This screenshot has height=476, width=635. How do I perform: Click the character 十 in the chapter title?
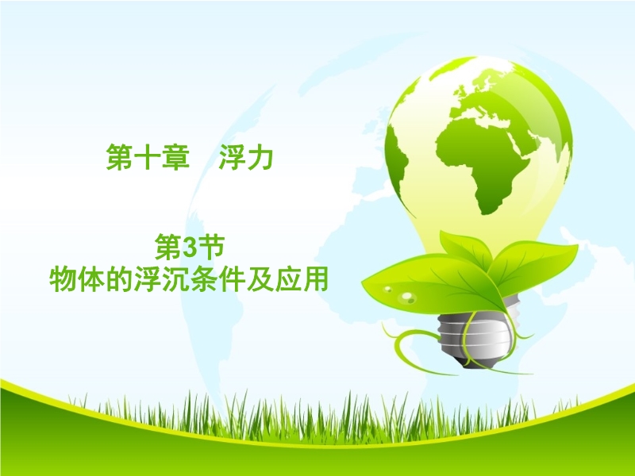[x=148, y=157]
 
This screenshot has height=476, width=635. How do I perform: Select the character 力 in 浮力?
[x=260, y=157]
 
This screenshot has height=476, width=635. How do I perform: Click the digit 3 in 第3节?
[x=190, y=248]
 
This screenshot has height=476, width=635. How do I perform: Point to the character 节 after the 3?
[x=211, y=248]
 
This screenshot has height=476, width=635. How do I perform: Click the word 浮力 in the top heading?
[x=246, y=157]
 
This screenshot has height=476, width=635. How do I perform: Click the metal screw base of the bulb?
[x=475, y=336]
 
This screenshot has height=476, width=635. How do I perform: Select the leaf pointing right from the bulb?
[x=535, y=263]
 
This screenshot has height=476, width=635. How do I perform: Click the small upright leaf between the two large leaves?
[x=467, y=247]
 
